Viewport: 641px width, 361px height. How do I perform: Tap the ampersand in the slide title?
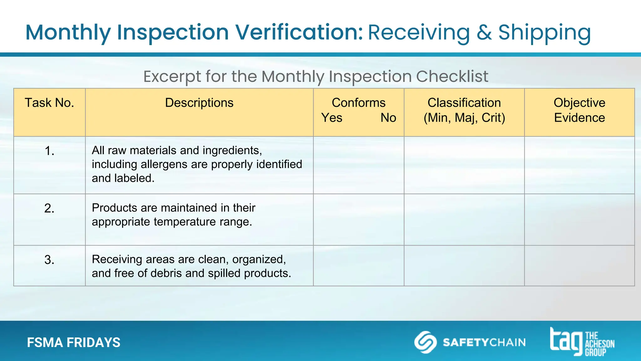coord(484,32)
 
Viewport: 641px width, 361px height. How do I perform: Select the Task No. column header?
coord(49,103)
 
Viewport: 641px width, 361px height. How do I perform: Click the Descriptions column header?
coord(199,103)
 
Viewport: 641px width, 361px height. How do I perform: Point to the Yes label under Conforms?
coord(332,118)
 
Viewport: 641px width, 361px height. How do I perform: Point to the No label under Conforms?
coord(388,118)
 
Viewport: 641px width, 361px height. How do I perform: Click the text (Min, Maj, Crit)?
coord(464,118)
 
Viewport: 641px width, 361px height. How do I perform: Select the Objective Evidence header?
coord(579,110)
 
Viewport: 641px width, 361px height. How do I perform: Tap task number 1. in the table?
coord(49,151)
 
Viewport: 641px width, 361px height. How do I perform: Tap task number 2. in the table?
coord(49,208)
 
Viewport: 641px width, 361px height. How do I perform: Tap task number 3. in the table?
coord(49,260)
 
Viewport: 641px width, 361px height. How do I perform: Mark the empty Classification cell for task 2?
coord(464,219)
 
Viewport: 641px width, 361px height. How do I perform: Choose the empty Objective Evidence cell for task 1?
coord(579,165)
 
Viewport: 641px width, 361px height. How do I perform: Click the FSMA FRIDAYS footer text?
coord(74,343)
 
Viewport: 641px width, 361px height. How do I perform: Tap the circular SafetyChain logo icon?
coord(425,342)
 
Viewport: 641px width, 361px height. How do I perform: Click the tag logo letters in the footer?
coord(566,341)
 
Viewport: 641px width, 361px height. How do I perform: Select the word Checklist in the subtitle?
coord(452,76)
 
